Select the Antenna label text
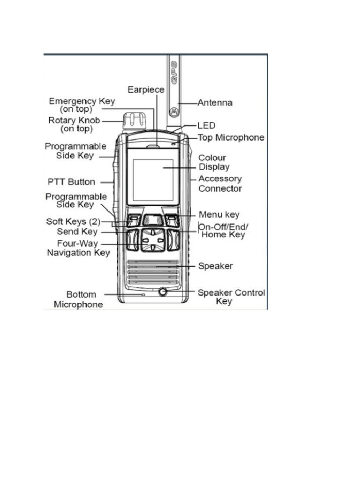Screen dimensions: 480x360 pyautogui.click(x=215, y=102)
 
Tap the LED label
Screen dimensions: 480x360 pyautogui.click(x=206, y=126)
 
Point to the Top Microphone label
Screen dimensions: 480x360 pyautogui.click(x=231, y=138)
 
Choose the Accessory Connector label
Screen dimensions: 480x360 pyautogui.click(x=220, y=184)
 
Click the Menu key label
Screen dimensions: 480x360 pyautogui.click(x=219, y=215)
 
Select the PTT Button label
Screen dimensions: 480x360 pyautogui.click(x=71, y=182)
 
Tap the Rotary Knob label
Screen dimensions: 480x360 pyautogui.click(x=74, y=124)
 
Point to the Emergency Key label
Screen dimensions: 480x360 pyautogui.click(x=82, y=105)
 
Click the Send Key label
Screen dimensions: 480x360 pyautogui.click(x=77, y=232)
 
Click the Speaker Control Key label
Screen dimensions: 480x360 pyautogui.click(x=231, y=297)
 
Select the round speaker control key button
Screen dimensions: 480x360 pyautogui.click(x=163, y=292)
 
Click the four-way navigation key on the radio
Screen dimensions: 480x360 pyautogui.click(x=153, y=240)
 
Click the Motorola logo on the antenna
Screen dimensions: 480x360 pyautogui.click(x=174, y=111)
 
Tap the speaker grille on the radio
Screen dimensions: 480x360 pyautogui.click(x=153, y=272)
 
